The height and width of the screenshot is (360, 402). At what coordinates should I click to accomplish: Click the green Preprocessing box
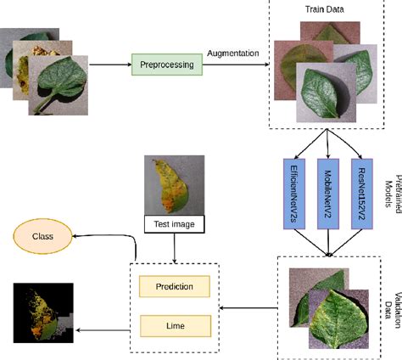pyautogui.click(x=165, y=64)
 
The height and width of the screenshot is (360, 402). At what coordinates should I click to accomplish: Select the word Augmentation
pyautogui.click(x=232, y=53)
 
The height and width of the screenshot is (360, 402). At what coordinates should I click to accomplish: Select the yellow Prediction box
pyautogui.click(x=174, y=287)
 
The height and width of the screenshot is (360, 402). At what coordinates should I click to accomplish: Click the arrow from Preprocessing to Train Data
pyautogui.click(x=233, y=64)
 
